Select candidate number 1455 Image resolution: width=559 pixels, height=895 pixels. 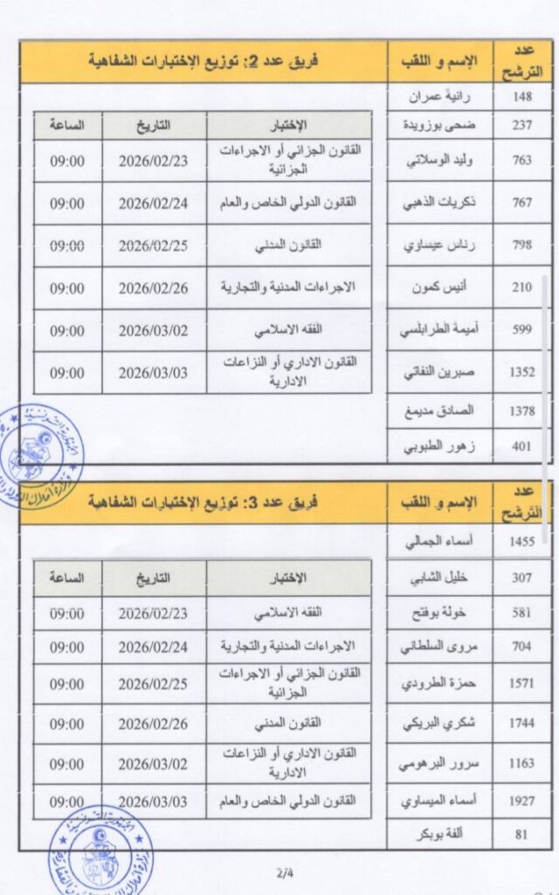(x=521, y=542)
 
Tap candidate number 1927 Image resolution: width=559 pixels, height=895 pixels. (x=521, y=801)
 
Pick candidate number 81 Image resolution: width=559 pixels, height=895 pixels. (x=521, y=834)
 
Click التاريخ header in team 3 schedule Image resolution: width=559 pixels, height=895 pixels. (x=152, y=578)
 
